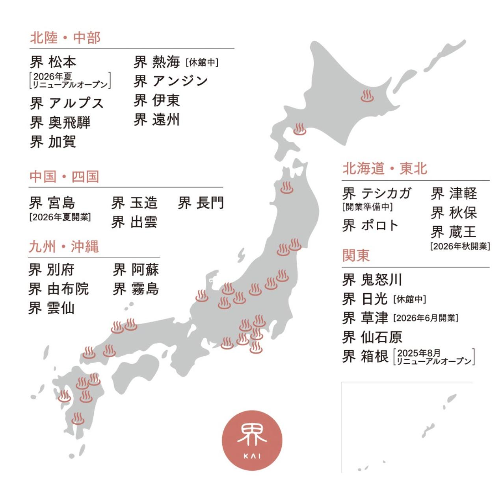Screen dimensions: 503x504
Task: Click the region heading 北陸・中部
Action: (65, 38)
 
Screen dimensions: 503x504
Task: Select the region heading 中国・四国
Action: (64, 177)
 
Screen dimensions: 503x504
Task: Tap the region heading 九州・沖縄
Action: (63, 247)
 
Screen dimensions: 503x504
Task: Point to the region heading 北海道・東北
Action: (385, 168)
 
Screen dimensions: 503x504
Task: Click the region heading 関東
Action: (356, 255)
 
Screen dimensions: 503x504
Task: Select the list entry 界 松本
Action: (53, 62)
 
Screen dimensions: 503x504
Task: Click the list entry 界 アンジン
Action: (171, 81)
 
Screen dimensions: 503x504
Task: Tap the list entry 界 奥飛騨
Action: (60, 122)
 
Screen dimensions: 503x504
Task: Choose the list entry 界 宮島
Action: (52, 203)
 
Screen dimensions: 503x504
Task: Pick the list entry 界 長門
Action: (201, 203)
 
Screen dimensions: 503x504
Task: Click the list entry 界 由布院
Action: (59, 289)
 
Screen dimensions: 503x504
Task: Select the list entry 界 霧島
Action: (136, 289)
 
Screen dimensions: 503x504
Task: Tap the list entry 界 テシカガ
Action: (377, 193)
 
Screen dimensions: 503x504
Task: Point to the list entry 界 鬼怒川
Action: (372, 280)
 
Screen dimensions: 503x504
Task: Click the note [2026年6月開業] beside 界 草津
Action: (426, 318)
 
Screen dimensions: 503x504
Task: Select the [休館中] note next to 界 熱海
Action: (202, 62)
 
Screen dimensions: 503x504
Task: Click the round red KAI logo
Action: (252, 440)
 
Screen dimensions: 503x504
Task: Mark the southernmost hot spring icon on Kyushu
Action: (78, 418)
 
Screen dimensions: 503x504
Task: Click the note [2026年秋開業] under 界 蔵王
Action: (460, 246)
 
